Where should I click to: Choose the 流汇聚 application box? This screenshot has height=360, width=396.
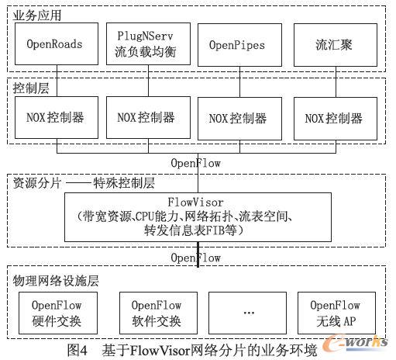click(x=334, y=45)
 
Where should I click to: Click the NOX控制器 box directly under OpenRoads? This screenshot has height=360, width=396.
click(x=56, y=119)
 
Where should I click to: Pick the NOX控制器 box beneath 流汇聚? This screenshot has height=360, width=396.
click(x=334, y=119)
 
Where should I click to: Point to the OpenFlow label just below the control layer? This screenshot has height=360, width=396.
click(x=195, y=164)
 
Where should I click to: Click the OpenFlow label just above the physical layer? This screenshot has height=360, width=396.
click(x=195, y=258)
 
